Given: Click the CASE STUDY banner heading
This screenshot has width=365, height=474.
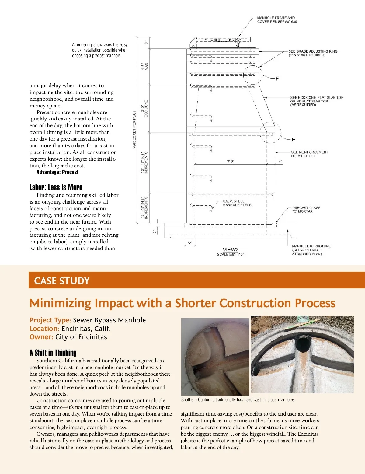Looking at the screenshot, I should tap(62, 281).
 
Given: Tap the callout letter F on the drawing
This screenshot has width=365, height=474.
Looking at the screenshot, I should tap(277, 79).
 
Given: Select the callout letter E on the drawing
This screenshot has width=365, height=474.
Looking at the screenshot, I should tap(293, 140).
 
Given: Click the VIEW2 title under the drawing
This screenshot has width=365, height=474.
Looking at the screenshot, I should tap(231, 249).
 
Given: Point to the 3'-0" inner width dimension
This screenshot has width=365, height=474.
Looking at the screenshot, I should tap(231, 162).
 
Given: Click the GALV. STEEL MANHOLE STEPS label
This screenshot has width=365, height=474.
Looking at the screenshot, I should tap(237, 203).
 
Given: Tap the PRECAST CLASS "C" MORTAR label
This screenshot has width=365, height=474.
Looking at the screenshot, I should tap(306, 209).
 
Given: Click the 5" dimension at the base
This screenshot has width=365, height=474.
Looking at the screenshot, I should tap(190, 243).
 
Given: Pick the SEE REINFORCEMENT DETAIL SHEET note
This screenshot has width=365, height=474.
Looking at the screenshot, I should tap(309, 154).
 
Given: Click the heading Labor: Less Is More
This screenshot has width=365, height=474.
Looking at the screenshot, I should tap(56, 187).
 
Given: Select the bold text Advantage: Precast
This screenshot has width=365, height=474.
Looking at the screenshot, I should tap(57, 172).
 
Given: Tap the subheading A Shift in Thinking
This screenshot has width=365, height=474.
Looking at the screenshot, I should tap(53, 353).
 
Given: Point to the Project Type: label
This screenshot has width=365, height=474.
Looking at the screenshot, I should tap(50, 320).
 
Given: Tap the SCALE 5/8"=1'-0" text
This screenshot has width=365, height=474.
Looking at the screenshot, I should tap(231, 254).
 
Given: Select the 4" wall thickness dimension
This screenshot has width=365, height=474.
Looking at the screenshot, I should tap(280, 162).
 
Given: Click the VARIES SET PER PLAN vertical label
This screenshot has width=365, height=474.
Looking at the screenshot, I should tap(134, 130).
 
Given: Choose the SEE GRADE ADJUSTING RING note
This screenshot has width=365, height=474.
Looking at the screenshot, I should tap(313, 53).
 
